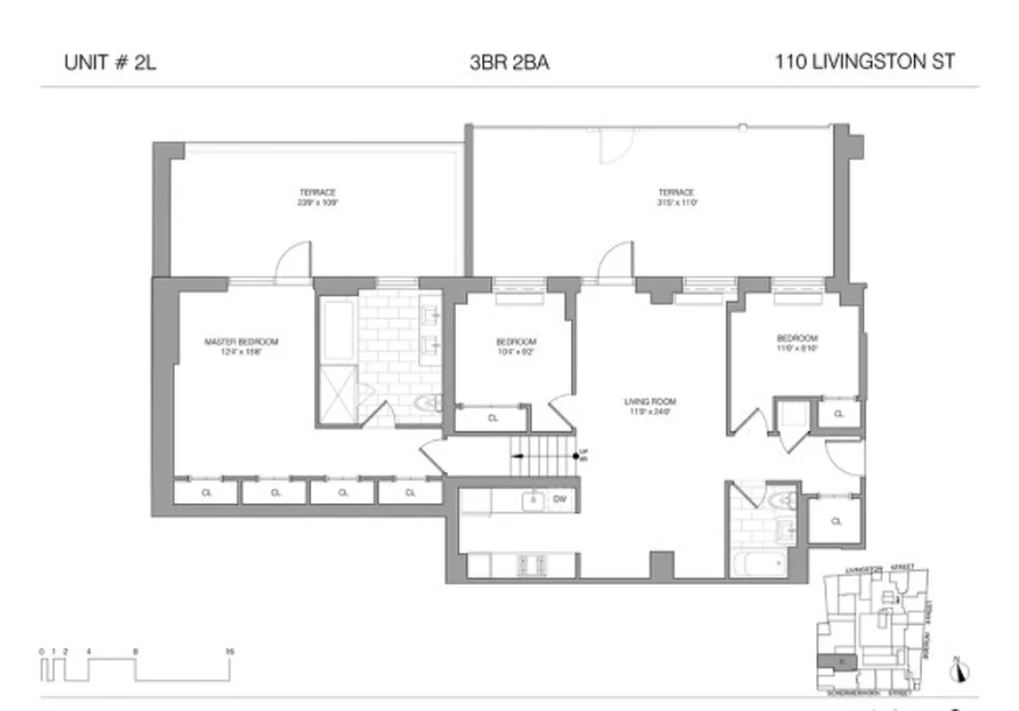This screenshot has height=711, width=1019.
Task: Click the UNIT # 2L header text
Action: (110, 63)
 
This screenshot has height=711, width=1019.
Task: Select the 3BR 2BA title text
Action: (509, 63)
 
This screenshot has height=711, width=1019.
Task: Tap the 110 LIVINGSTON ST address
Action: (864, 63)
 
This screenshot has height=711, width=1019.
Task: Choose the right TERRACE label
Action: (676, 197)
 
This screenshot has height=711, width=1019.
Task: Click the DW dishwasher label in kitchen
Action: (559, 500)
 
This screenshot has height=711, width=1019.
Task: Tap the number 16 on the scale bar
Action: (229, 651)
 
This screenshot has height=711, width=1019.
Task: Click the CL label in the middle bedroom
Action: (493, 418)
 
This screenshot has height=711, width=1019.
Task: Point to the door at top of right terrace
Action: (614, 145)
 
